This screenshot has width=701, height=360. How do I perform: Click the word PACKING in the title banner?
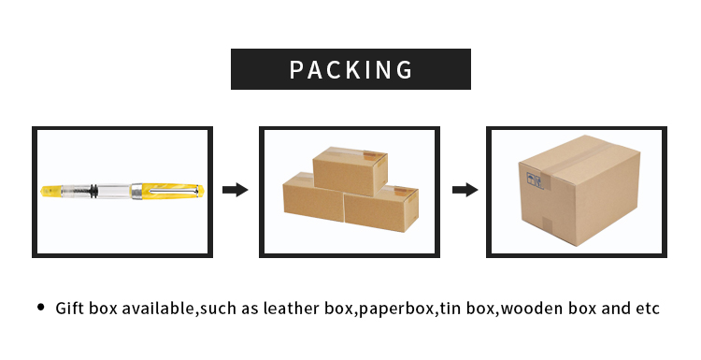click(x=350, y=69)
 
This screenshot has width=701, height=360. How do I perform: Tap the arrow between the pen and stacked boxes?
click(x=236, y=190)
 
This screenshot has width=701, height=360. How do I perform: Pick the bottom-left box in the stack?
click(x=311, y=200)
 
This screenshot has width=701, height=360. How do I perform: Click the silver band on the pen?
click(x=137, y=194)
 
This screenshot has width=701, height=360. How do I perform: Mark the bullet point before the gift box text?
click(x=40, y=307)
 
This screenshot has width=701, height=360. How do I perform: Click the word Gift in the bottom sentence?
click(x=70, y=308)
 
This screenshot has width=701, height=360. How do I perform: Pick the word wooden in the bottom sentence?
click(x=530, y=308)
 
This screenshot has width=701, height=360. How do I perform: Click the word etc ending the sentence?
click(x=648, y=308)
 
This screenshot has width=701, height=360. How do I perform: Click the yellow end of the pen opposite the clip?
click(x=51, y=194)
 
